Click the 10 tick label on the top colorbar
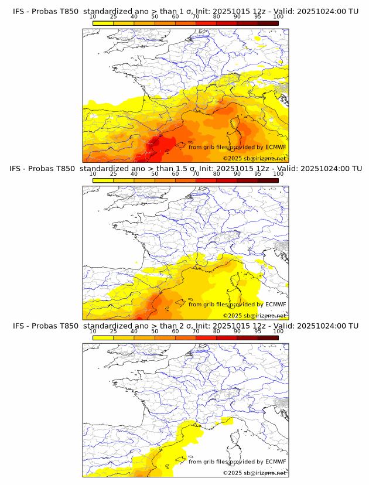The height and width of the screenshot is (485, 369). [x=93, y=16]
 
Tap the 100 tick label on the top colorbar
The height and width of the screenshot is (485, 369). [x=278, y=16]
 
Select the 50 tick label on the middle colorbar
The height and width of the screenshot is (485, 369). [x=155, y=174]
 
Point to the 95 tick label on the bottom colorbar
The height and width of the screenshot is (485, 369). [x=258, y=332]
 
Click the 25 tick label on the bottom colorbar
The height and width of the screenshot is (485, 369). [x=114, y=332]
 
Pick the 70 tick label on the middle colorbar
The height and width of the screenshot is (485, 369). [x=196, y=174]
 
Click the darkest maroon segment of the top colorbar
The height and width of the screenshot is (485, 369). [x=268, y=22]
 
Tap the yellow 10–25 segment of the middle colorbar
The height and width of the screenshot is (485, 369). [x=103, y=180]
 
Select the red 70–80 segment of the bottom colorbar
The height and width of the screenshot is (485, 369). [x=206, y=337]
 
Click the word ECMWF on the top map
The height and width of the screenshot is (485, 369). [x=275, y=147]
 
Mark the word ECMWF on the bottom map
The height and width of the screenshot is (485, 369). [x=275, y=462]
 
